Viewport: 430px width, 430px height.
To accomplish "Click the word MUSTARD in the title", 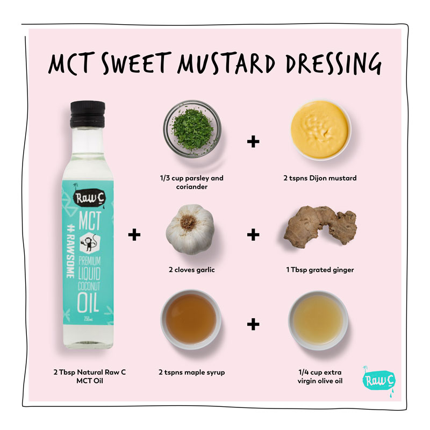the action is [x=226, y=63].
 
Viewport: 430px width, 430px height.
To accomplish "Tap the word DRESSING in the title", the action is [x=334, y=63].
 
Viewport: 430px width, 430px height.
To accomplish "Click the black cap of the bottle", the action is [x=88, y=114].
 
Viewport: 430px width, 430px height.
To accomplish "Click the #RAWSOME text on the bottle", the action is [x=71, y=250].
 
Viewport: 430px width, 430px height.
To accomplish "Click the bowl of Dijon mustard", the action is [x=320, y=130].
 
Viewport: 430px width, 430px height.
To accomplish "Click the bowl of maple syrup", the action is [x=191, y=319].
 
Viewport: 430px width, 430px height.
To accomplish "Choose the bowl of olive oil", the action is [x=318, y=320].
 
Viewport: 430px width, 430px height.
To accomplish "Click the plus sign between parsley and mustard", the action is [x=253, y=141].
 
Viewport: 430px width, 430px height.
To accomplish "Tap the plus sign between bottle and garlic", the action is [x=134, y=235].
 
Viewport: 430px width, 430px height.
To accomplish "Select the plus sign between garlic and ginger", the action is [x=253, y=235].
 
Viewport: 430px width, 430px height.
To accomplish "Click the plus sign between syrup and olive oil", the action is [x=253, y=325].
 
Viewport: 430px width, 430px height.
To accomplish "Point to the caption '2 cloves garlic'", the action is [x=192, y=270].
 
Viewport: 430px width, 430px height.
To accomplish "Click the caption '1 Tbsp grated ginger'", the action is [x=320, y=270].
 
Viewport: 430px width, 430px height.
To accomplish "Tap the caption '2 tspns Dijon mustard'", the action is [x=320, y=178].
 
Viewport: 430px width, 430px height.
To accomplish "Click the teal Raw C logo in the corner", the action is [x=379, y=381].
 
